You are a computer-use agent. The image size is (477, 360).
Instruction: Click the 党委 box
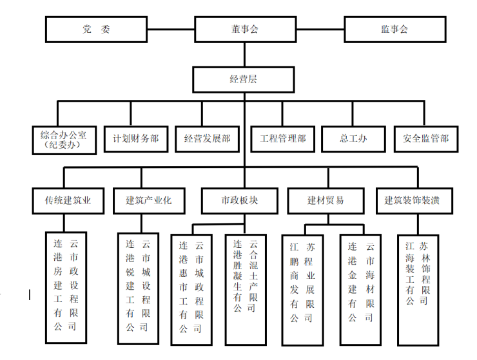pos(96,30)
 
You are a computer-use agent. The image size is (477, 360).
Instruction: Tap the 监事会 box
pos(394,30)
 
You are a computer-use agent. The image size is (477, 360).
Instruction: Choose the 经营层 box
pos(244,79)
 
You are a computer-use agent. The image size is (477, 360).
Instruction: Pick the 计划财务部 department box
pos(135,138)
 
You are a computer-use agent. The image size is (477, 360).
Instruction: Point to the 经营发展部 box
pos(207,138)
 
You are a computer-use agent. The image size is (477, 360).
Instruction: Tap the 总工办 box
pos(353,138)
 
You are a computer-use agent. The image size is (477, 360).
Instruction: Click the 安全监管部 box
pos(425,138)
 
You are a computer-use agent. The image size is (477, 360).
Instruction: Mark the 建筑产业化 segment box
pos(148,200)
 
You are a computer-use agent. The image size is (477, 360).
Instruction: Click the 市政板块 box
pos(239,200)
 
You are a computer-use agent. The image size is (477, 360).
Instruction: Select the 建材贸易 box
pos(326,200)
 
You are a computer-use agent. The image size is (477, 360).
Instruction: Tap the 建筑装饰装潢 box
pos(412,200)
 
